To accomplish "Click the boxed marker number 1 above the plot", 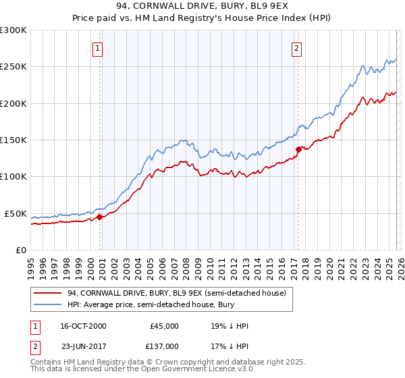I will (99, 48).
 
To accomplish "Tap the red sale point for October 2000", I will (99, 217).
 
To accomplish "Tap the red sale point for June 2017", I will (298, 149).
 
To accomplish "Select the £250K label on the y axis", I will (13, 67).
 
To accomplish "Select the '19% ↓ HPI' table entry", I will (230, 326).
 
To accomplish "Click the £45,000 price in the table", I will (164, 326).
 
